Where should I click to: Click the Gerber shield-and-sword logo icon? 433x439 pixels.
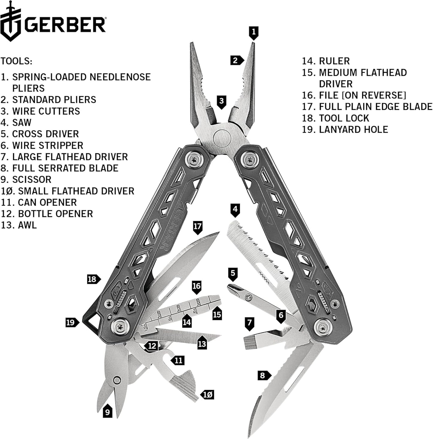(x=11, y=21)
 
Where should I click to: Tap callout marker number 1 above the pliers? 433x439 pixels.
(x=254, y=32)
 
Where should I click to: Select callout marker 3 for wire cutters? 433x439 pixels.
(x=221, y=101)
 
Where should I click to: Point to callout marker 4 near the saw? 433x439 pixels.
(x=235, y=209)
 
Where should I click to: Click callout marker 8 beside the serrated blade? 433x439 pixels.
(x=263, y=375)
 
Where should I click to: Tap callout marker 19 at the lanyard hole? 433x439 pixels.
(x=71, y=323)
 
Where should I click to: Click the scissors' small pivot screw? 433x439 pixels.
(x=117, y=380)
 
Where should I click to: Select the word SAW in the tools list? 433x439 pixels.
(x=22, y=122)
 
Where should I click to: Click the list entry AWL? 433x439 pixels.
(x=27, y=225)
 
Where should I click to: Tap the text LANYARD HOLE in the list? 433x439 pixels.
(x=353, y=130)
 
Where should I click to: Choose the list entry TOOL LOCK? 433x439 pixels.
(x=344, y=118)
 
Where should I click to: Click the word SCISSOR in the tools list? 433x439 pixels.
(x=32, y=180)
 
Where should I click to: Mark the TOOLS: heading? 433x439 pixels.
(x=16, y=61)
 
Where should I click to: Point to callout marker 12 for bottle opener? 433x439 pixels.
(x=152, y=346)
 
